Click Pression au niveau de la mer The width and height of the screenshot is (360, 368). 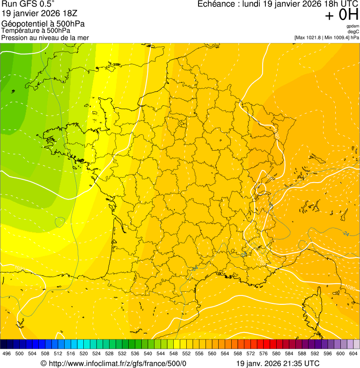point(45,37)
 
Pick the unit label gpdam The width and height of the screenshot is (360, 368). point(353,26)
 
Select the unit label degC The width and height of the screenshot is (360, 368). point(353,32)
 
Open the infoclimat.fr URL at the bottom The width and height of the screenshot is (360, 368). point(117,364)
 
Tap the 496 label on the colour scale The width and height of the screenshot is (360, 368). point(7,353)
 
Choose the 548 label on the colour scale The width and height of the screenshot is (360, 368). point(174,353)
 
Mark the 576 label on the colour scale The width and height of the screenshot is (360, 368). point(264,353)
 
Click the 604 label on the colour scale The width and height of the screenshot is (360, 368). point(353,353)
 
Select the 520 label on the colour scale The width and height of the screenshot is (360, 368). point(84,353)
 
